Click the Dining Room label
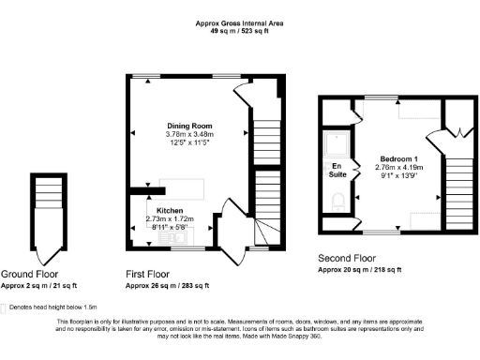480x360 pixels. coord(189,126)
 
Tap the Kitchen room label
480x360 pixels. coord(169,210)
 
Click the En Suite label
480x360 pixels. coord(337,170)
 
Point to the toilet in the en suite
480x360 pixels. coord(338,200)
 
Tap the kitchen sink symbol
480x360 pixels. coord(175,238)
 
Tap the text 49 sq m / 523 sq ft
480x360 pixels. coord(240,30)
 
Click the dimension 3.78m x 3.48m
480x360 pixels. coord(189,134)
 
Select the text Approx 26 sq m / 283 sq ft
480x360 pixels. coord(167,285)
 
